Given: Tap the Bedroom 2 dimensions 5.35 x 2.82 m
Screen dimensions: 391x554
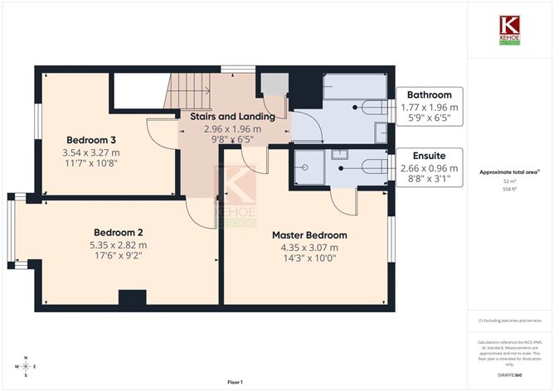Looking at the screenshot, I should [119, 244].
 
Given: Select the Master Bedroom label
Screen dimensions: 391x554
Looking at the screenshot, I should [309, 235].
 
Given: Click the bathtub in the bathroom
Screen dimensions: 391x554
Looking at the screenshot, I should [355, 86].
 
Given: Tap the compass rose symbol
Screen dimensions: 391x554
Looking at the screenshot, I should [26, 365].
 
